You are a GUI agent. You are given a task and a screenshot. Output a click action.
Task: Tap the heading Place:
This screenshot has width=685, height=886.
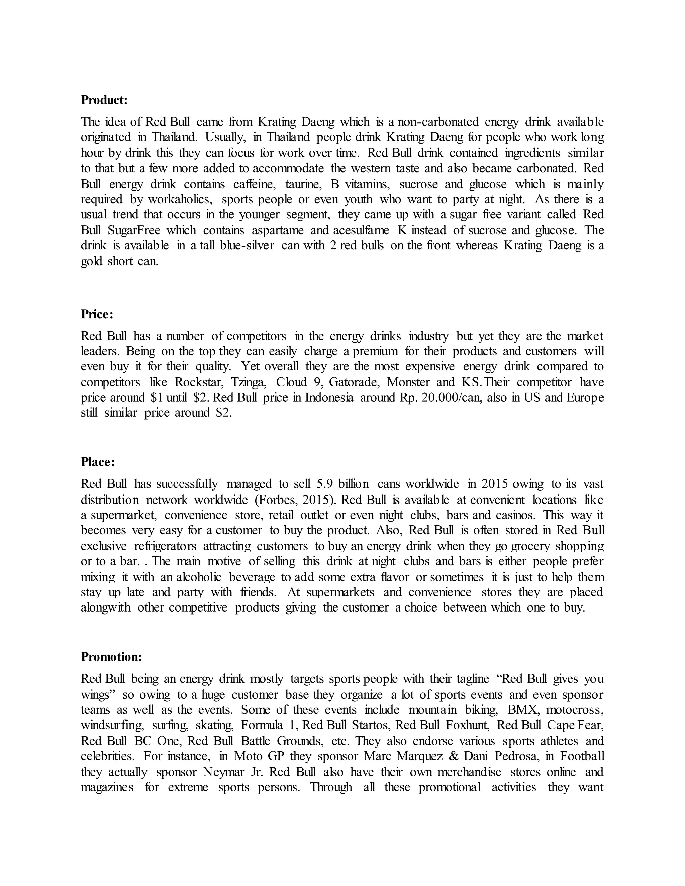click(x=98, y=462)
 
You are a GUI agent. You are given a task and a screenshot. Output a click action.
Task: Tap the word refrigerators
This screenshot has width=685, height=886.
click(x=165, y=546)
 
